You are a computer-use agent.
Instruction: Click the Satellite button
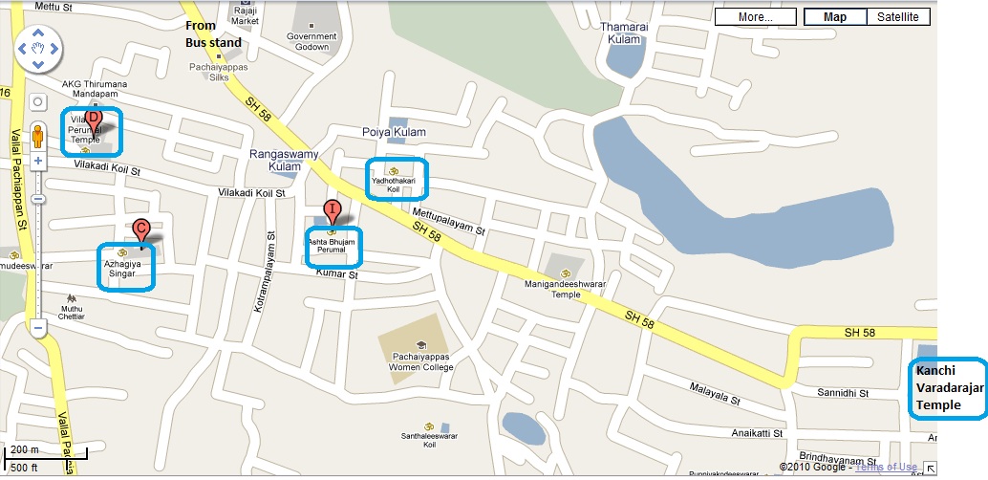(x=898, y=17)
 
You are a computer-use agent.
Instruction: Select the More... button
(x=755, y=17)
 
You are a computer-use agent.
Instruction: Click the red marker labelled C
(x=140, y=229)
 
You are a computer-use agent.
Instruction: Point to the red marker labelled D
(x=94, y=119)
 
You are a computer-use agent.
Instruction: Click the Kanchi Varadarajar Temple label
(x=945, y=387)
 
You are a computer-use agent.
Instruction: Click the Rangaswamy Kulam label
(x=275, y=160)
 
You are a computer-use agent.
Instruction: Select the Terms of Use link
(x=886, y=467)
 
